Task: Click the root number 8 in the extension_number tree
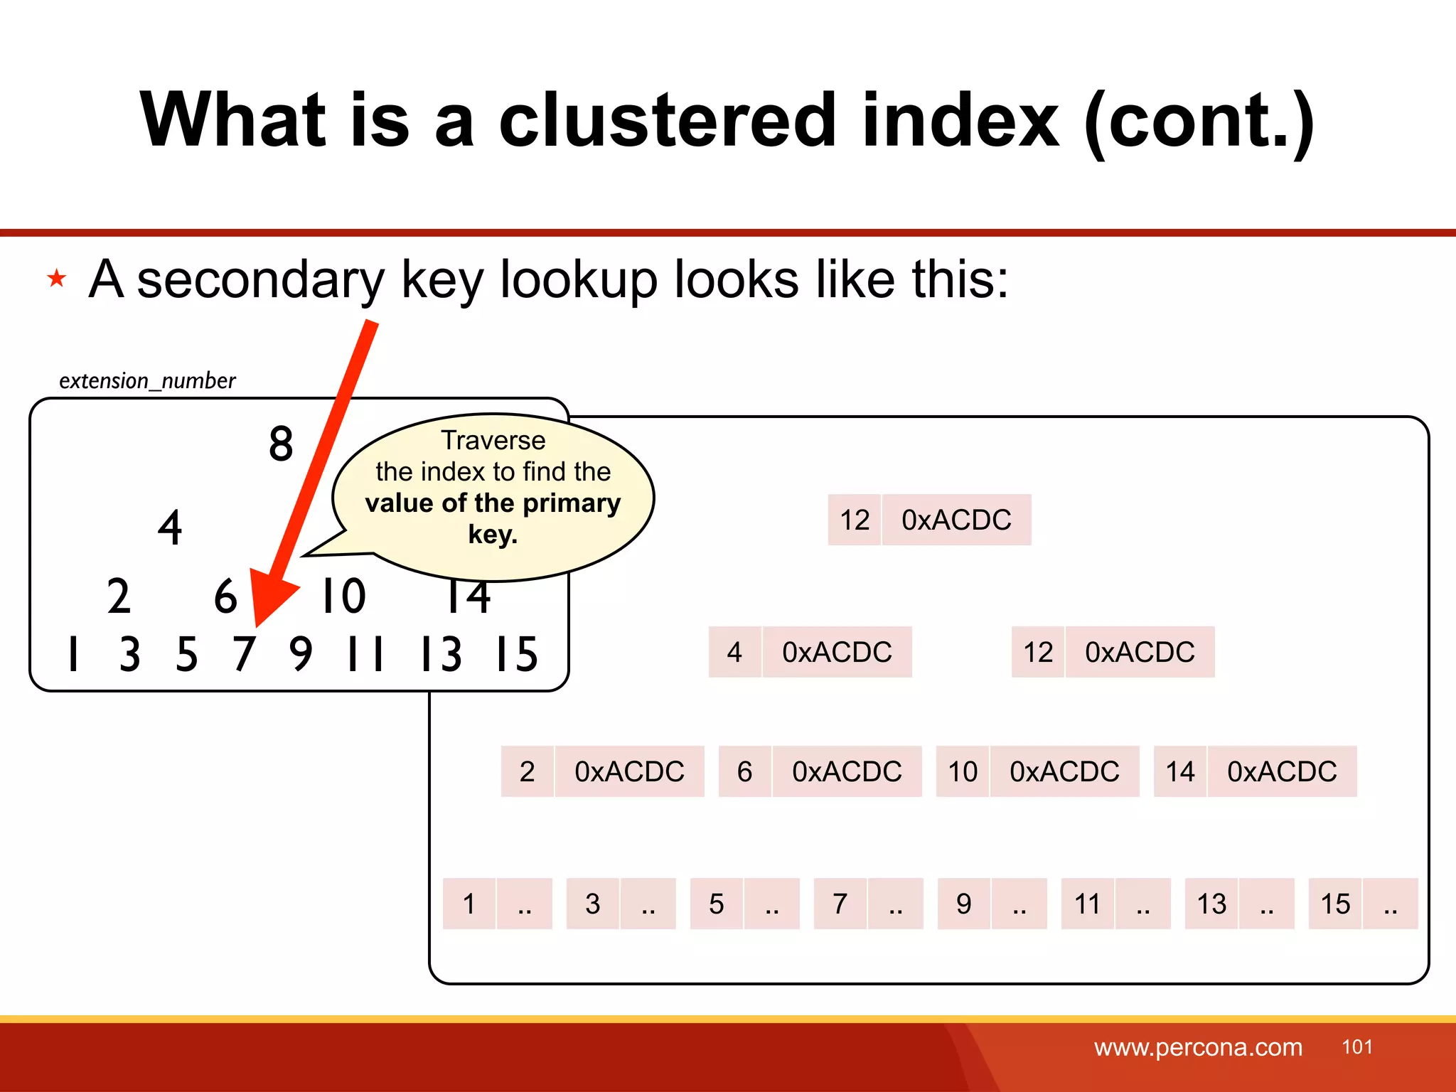click(x=281, y=444)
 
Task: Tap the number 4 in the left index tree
click(x=170, y=528)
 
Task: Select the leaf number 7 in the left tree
click(x=243, y=654)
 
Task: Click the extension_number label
click(x=147, y=381)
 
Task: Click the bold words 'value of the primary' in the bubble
click(x=493, y=503)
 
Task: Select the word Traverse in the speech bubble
click(x=493, y=441)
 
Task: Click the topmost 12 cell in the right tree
click(x=855, y=520)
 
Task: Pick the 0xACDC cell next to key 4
click(x=837, y=653)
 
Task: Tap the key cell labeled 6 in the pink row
click(x=744, y=772)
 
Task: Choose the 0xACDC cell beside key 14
click(x=1282, y=772)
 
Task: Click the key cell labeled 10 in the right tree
click(x=963, y=772)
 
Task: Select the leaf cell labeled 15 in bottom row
click(x=1335, y=904)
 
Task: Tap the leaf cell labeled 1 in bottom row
click(x=469, y=904)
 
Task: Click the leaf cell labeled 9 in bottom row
click(x=963, y=904)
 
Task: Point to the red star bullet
click(x=57, y=278)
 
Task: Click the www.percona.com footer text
click(x=1198, y=1047)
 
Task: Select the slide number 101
click(x=1356, y=1046)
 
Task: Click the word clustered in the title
click(x=667, y=121)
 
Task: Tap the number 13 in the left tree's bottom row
click(x=441, y=654)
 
